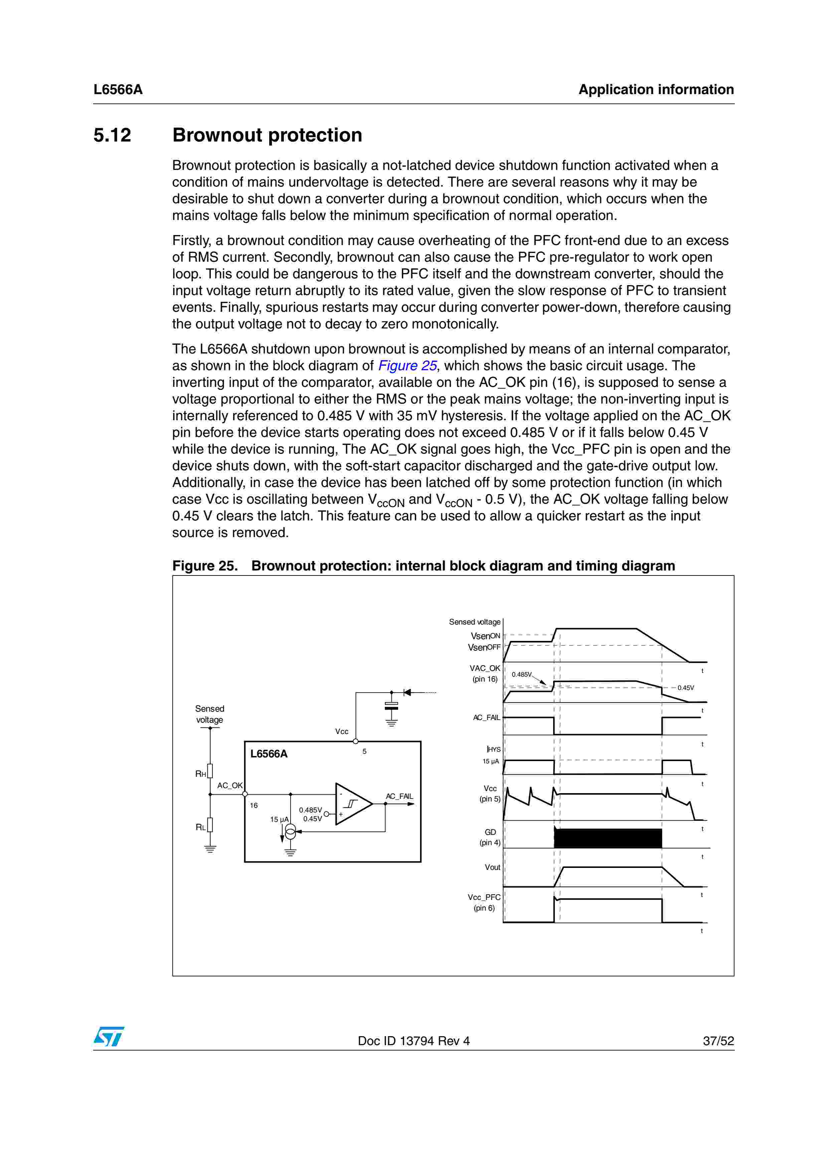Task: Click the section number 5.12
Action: (112, 135)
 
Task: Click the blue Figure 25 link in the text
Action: (407, 366)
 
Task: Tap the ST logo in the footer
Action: (109, 1037)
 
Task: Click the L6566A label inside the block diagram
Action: (269, 754)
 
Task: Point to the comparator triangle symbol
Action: (352, 804)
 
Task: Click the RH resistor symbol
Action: (210, 771)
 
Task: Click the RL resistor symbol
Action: (210, 825)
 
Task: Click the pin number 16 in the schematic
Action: (254, 805)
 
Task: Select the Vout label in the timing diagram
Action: (492, 867)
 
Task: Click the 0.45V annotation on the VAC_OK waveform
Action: (686, 688)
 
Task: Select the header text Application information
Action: (656, 90)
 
